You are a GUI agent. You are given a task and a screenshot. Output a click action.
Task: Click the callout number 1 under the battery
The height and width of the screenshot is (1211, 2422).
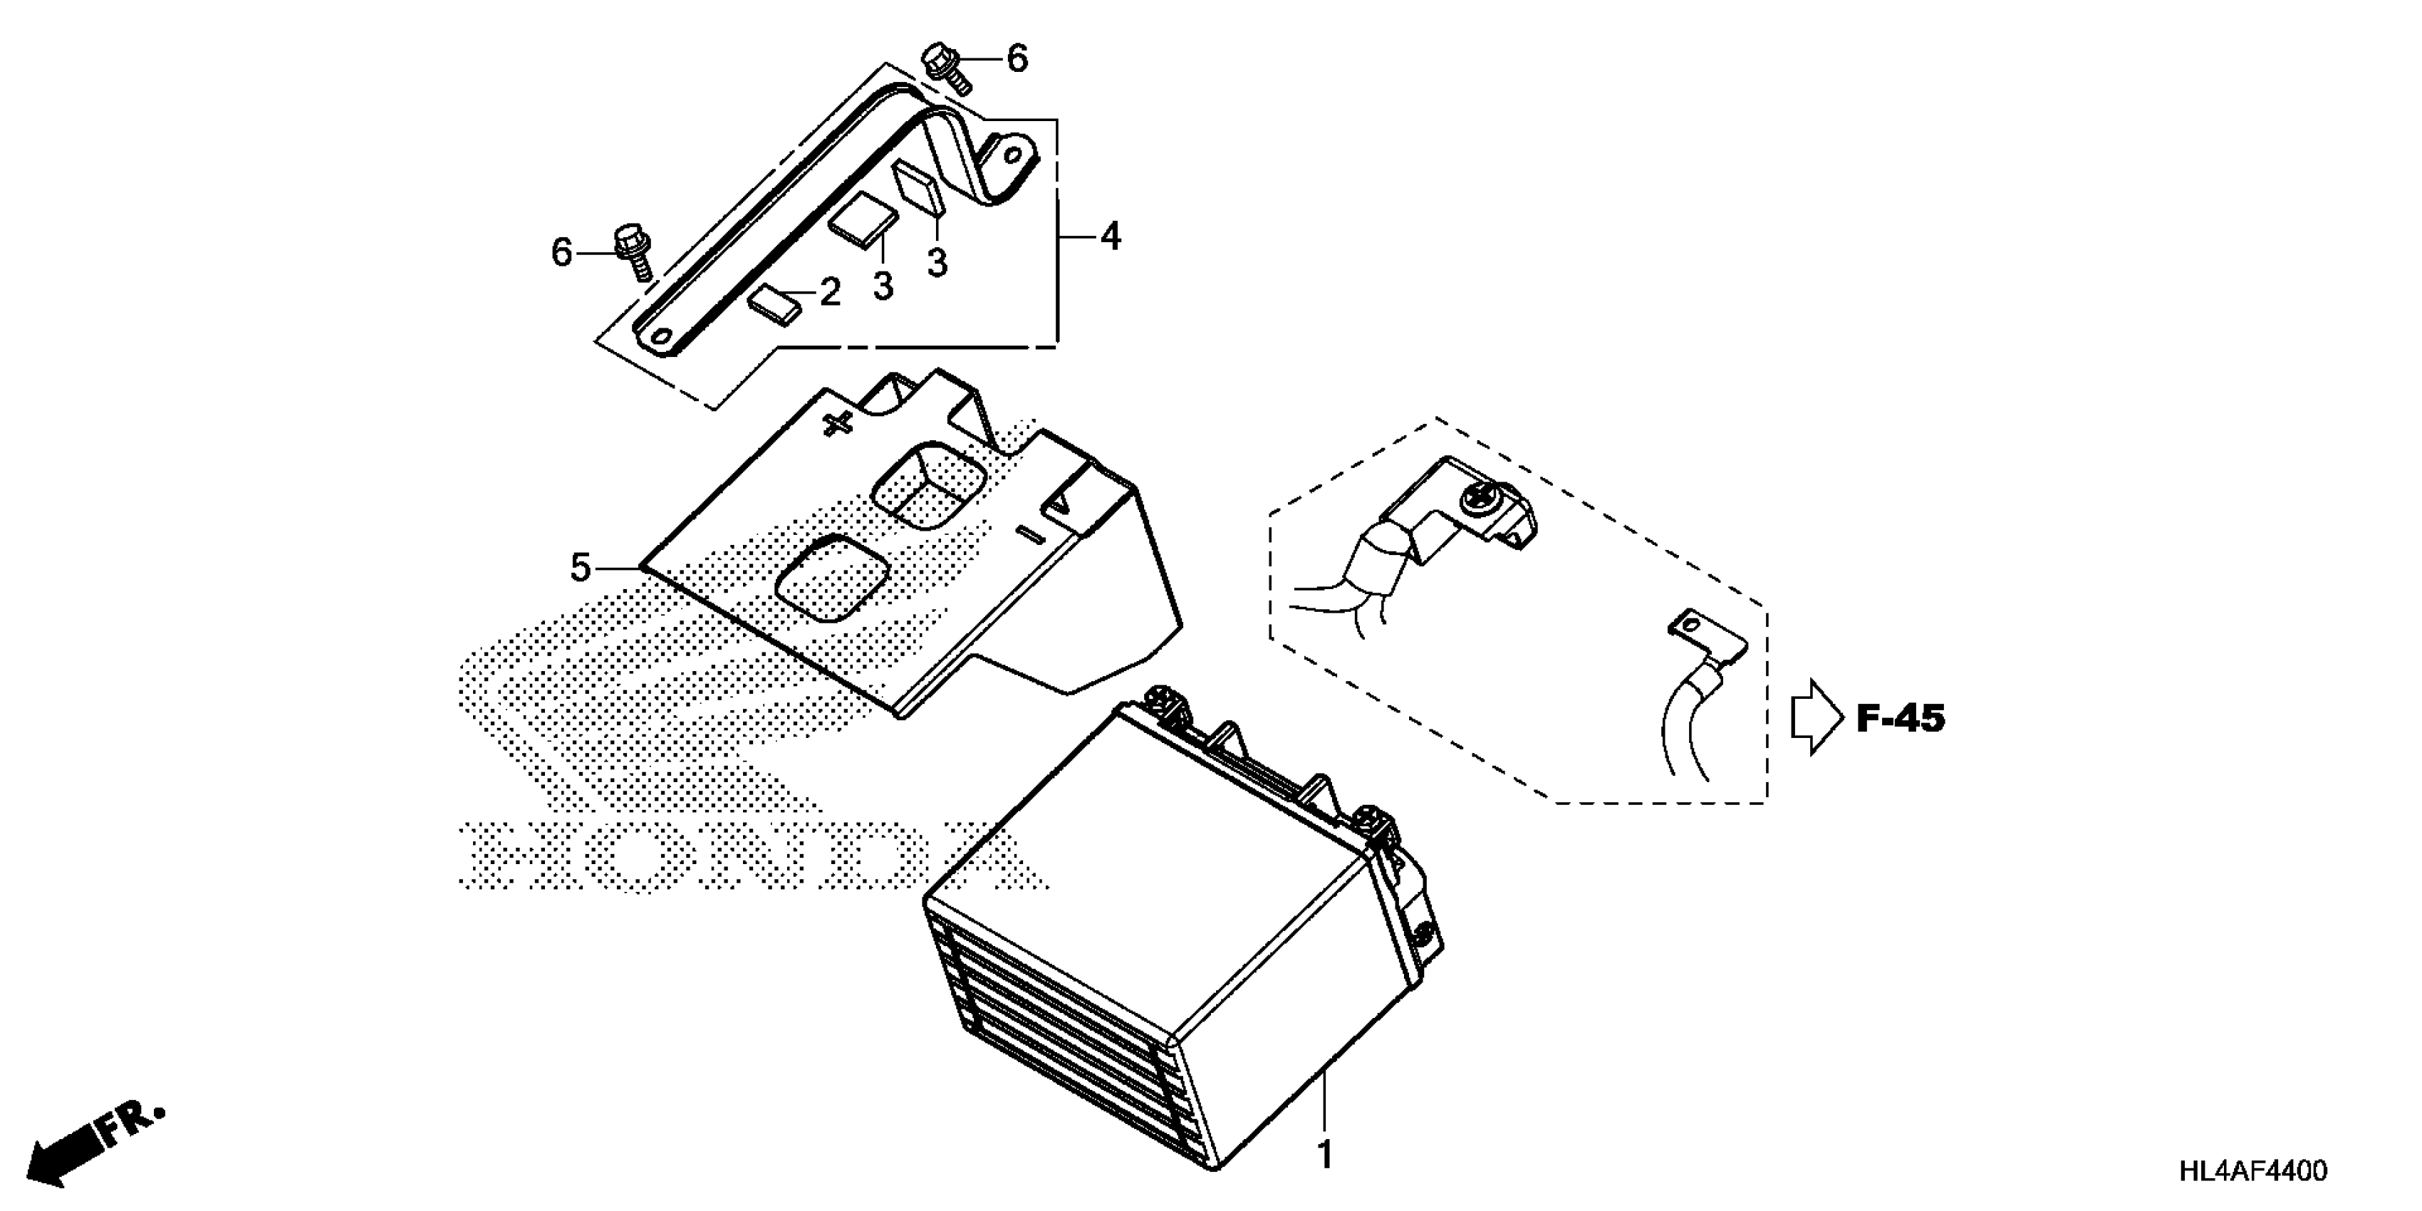[1325, 1155]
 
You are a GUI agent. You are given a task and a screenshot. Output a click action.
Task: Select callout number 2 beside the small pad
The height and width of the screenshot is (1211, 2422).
[829, 292]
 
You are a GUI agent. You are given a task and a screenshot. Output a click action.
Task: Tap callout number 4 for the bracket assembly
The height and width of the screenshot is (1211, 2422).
[1111, 237]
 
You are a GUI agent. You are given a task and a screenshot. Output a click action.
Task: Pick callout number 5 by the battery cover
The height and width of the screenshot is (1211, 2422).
[580, 567]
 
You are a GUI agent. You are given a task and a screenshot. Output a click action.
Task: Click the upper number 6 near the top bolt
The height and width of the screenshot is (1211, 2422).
[1017, 59]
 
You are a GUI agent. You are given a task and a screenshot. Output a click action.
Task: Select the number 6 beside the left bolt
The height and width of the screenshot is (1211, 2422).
[561, 252]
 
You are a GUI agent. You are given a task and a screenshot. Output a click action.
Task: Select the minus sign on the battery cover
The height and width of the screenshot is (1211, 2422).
[1031, 536]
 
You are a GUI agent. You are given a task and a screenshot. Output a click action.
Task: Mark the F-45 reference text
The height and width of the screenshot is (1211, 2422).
[1900, 719]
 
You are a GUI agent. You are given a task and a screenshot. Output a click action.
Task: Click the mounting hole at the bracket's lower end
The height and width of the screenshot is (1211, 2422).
[662, 338]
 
